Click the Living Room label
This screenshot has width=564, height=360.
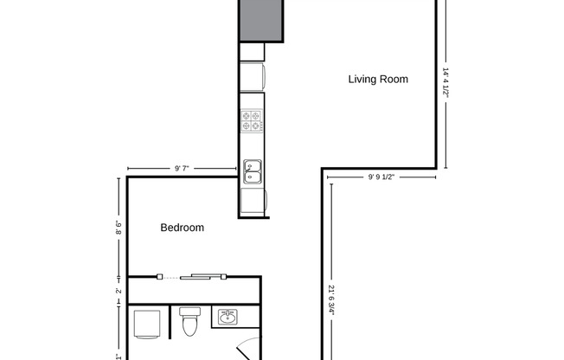pos(378,80)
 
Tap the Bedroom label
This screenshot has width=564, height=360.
pos(183,228)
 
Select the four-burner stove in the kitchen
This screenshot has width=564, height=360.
pos(252,121)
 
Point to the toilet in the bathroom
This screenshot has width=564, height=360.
pos(192,324)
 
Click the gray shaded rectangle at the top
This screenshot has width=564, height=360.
pos(262,20)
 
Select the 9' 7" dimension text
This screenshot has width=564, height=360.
pos(183,169)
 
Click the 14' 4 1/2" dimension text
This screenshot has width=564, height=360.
pos(446,83)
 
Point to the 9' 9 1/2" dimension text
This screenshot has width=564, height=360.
pos(381,177)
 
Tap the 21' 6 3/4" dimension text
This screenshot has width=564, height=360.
pos(332,303)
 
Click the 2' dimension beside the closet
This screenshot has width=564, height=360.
pos(119,291)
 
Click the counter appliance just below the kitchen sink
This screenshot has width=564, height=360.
pos(253,202)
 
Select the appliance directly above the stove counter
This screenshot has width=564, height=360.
pos(253,77)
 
